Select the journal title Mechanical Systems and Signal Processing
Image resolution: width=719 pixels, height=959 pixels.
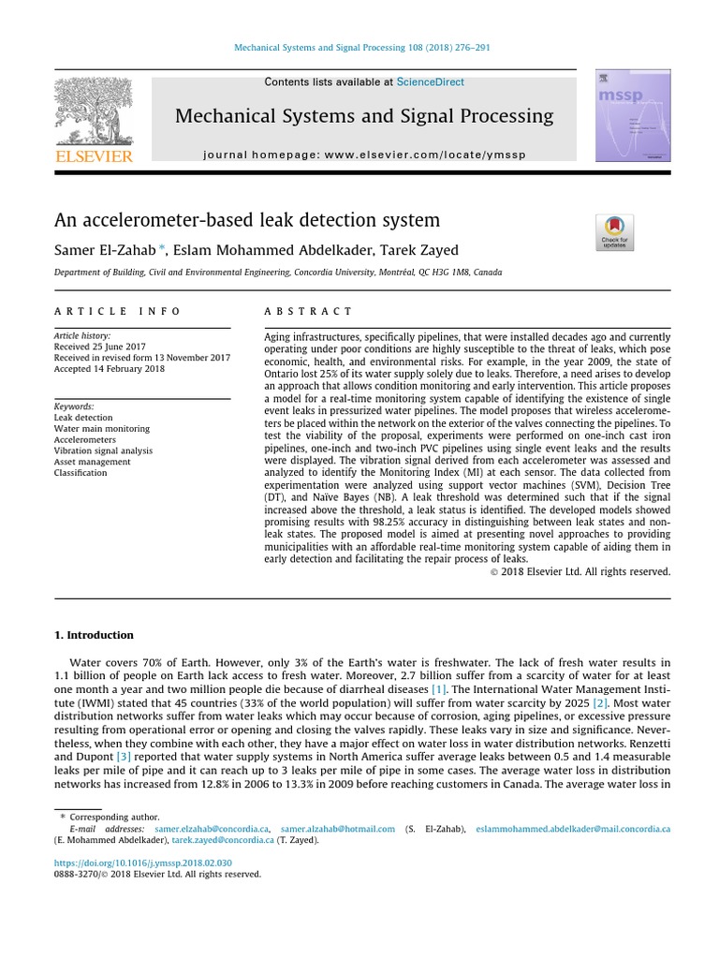[x=364, y=117]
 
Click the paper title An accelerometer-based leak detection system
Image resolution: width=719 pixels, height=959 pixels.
[x=246, y=221]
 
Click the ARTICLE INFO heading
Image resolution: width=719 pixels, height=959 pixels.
[x=117, y=311]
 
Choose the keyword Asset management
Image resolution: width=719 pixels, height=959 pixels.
[x=92, y=462]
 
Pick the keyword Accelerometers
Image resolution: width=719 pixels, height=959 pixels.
[x=85, y=439]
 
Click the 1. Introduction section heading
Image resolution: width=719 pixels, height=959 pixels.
[x=94, y=635]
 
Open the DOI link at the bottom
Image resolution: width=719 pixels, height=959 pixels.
[x=142, y=863]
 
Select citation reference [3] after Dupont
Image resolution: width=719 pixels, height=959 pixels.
[x=122, y=755]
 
